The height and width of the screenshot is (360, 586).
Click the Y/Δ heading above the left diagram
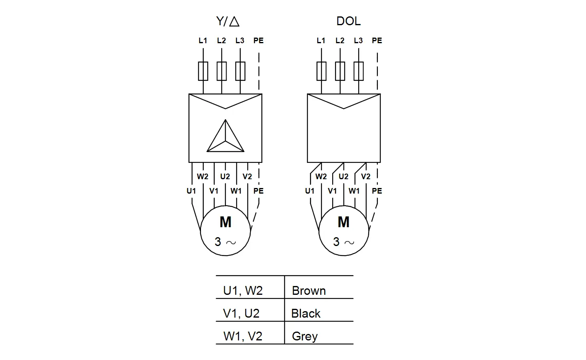click(x=228, y=21)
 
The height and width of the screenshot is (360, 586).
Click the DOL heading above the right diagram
click(x=349, y=21)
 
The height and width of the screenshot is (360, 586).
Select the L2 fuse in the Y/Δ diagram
click(x=222, y=71)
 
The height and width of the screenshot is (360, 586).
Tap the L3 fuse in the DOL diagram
click(x=358, y=71)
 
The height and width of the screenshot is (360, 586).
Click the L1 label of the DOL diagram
click(x=321, y=40)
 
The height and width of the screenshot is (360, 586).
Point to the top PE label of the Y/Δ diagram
click(x=259, y=40)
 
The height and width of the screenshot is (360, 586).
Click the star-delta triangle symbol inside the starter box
click(x=225, y=136)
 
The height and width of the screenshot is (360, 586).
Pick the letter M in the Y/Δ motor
click(x=225, y=222)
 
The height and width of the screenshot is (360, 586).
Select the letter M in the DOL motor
click(x=343, y=222)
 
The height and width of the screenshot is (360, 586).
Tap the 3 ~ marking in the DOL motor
click(x=343, y=242)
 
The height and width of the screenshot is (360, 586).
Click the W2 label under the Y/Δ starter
click(x=203, y=176)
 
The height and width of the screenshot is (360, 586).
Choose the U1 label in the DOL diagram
click(x=310, y=191)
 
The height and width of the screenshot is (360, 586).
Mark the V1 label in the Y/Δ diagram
click(x=214, y=191)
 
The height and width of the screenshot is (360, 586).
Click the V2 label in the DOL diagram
click(x=366, y=176)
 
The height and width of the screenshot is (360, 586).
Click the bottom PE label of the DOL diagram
click(x=377, y=191)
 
